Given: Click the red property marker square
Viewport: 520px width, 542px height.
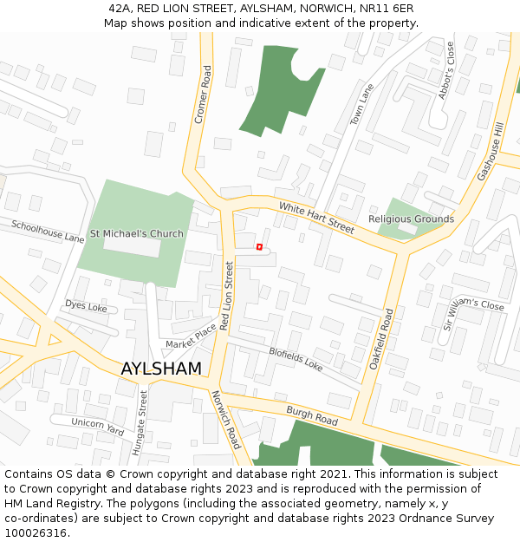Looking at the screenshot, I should pyautogui.click(x=259, y=247).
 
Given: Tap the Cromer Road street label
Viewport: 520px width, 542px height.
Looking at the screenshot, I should pyautogui.click(x=202, y=95).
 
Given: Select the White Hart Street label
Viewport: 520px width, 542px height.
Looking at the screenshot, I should pyautogui.click(x=316, y=218).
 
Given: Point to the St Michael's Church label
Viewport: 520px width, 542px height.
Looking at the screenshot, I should pyautogui.click(x=137, y=233).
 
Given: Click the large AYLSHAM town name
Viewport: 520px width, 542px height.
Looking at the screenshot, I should pyautogui.click(x=161, y=369).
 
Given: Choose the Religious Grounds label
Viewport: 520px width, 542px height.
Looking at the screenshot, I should pyautogui.click(x=411, y=219).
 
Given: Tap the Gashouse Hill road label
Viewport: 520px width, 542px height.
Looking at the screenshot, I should pyautogui.click(x=490, y=152).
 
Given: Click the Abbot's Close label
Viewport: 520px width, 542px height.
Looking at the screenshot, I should pyautogui.click(x=445, y=71).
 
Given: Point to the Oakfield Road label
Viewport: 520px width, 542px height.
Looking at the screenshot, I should pyautogui.click(x=386, y=339).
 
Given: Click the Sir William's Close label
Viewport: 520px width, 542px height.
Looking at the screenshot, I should pyautogui.click(x=473, y=313).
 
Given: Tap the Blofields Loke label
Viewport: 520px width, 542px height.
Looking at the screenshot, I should pyautogui.click(x=296, y=359).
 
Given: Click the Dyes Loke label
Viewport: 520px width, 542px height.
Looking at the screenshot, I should pyautogui.click(x=86, y=306).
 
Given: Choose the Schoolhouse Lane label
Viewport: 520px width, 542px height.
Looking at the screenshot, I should pyautogui.click(x=48, y=231).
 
